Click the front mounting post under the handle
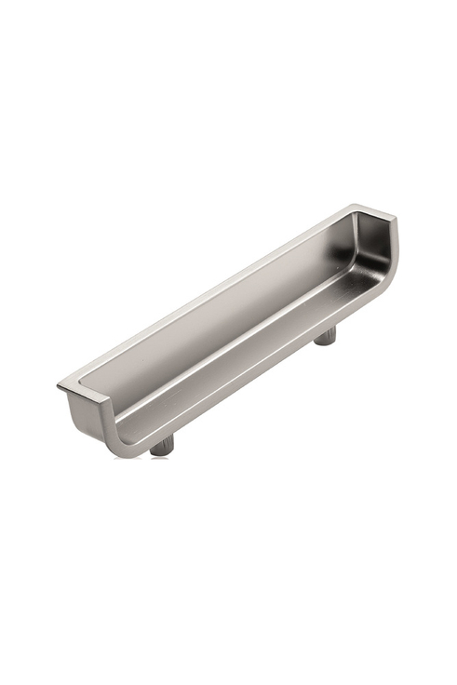(162, 446)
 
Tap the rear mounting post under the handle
(325, 335)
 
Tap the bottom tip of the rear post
(325, 343)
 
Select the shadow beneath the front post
(164, 457)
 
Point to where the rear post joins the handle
(325, 328)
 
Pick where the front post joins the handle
(162, 439)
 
